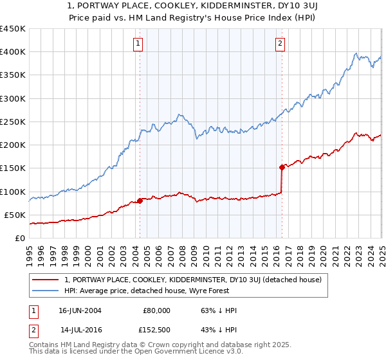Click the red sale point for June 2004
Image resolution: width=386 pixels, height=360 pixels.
pos(140,201)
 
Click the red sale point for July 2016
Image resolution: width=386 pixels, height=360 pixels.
pos(282,167)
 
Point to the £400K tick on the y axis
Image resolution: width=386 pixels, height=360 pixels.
pos(13,52)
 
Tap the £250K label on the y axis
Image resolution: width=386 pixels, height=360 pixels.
pos(13,122)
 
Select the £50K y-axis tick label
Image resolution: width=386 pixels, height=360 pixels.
pos(15,215)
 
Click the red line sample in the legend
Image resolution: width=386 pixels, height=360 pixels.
pos(45,280)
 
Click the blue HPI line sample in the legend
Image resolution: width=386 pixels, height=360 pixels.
pos(45,291)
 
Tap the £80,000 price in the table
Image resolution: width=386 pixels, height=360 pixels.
pos(156,310)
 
